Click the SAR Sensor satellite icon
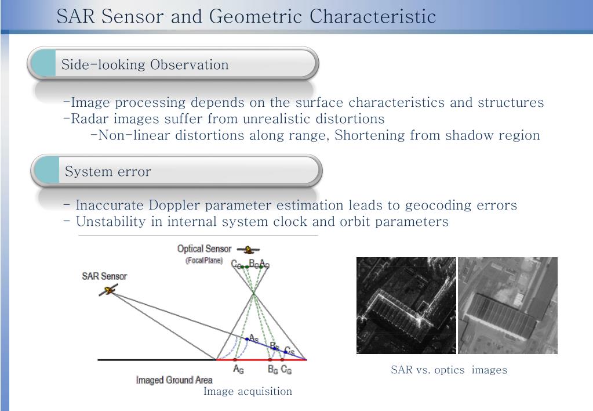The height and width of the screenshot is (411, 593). [x=108, y=289]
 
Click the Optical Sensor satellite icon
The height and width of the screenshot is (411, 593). [x=249, y=250]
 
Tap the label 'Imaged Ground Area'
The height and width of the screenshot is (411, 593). [x=174, y=380]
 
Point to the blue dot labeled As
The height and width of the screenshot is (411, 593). [x=247, y=339]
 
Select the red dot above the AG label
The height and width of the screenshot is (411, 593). [x=238, y=360]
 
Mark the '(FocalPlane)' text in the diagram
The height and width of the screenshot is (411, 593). [x=203, y=261]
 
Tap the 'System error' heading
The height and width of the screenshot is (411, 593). [x=108, y=172]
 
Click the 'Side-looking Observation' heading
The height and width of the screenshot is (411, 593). [x=145, y=64]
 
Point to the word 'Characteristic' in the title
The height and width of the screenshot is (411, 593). [x=372, y=16]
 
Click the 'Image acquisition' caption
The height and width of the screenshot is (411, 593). [x=248, y=391]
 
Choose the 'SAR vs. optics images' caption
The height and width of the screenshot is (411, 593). [x=449, y=370]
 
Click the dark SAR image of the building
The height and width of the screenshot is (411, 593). [x=406, y=305]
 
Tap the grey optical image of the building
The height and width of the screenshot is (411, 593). [x=507, y=305]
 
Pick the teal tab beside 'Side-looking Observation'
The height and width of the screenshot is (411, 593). [x=44, y=63]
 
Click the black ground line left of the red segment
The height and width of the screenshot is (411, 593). [x=157, y=360]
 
